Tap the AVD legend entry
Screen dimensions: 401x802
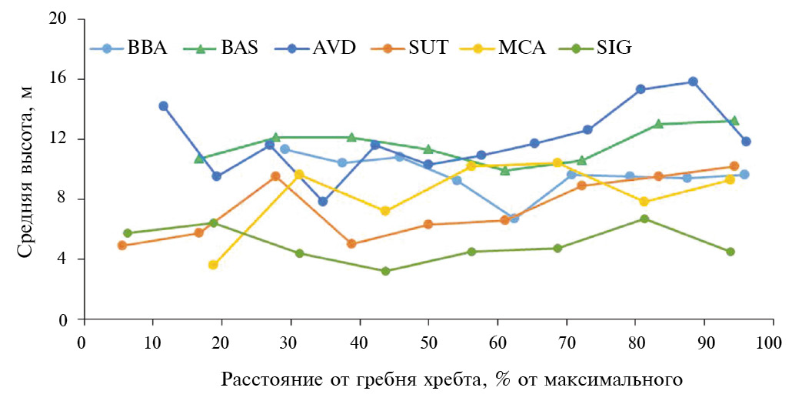(334, 48)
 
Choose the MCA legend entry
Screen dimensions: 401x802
(522, 48)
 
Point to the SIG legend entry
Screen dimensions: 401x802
(614, 48)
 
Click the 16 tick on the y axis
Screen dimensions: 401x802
(65, 79)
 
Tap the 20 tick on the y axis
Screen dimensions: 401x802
(65, 19)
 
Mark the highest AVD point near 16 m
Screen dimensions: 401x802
(693, 82)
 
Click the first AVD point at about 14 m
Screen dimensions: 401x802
(163, 106)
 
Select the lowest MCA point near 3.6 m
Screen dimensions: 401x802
(213, 265)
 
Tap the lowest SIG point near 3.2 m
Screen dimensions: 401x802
(385, 271)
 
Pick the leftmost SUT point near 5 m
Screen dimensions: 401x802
(121, 246)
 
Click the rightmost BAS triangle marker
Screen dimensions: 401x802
(734, 121)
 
